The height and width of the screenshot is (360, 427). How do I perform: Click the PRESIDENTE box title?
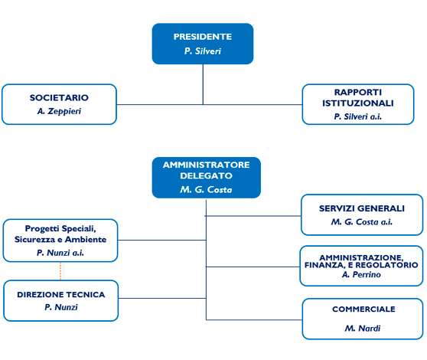203,37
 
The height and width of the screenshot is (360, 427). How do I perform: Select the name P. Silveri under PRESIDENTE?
203,51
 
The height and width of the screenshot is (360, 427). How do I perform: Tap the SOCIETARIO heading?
59,97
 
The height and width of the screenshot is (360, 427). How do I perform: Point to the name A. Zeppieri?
59,111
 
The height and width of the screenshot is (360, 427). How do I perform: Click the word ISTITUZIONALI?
358,103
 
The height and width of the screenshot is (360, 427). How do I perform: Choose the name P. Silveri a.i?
358,116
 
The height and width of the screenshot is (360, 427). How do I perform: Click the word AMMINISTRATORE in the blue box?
206,165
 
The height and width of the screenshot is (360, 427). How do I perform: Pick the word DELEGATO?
206,175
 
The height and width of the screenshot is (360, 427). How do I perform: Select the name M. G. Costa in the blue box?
206,189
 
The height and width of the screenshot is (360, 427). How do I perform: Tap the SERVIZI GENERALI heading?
362,208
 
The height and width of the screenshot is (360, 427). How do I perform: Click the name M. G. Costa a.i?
362,222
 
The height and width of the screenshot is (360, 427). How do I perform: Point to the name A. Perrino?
361,274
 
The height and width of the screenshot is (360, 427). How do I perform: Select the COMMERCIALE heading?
363,309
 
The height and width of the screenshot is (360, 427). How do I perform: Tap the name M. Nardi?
363,329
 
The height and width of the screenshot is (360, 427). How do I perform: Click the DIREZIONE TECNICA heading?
61,295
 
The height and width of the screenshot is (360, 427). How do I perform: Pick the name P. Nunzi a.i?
60,253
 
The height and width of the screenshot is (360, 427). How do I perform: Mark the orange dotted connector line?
60,271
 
